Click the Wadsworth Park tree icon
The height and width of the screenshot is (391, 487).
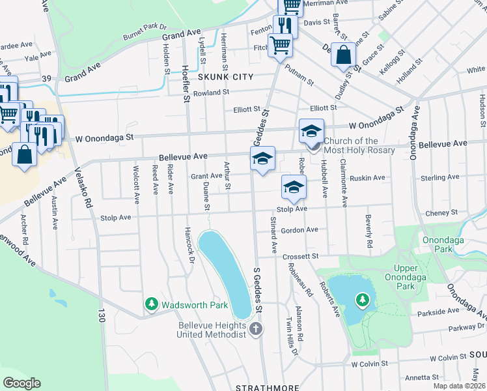pos(151,304)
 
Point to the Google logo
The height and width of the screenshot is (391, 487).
pos(21,383)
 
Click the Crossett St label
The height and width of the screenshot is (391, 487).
pos(300,257)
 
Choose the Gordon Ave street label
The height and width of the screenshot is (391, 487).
pos(299,230)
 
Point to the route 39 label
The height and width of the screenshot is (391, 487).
pos(46,78)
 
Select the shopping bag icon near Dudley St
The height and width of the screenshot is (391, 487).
pos(343,55)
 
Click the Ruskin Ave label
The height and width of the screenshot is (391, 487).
pos(368,177)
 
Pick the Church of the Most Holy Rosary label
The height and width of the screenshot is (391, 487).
pos(359,145)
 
